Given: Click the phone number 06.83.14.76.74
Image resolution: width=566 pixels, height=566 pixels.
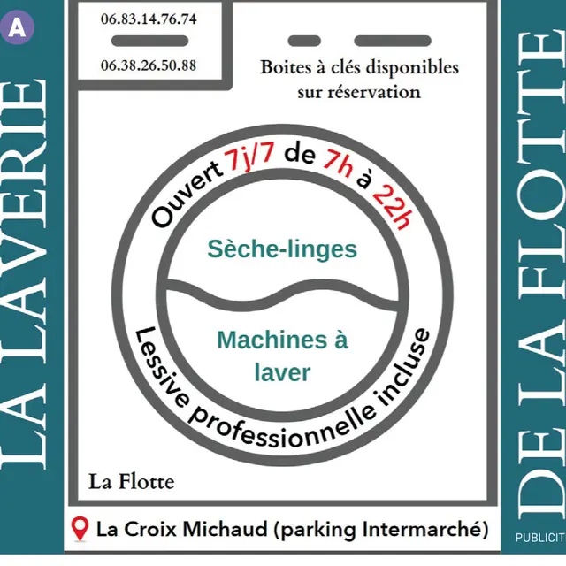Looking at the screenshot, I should point(149,19).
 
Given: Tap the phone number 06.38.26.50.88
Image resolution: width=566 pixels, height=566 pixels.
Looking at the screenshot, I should point(149,65).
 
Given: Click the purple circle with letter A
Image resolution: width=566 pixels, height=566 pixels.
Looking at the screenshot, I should point(18,27).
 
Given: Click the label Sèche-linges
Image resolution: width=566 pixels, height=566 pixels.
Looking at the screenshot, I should point(282,249).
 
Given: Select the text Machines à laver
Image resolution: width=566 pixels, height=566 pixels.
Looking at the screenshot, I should point(282,356).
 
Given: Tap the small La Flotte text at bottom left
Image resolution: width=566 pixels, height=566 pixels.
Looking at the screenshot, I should point(131,482).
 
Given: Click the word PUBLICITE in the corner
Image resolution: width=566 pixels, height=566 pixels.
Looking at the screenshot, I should point(539,537).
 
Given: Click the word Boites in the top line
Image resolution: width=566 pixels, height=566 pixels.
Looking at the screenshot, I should point(282,68).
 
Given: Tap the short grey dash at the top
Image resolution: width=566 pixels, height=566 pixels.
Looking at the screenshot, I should point(304,40).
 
